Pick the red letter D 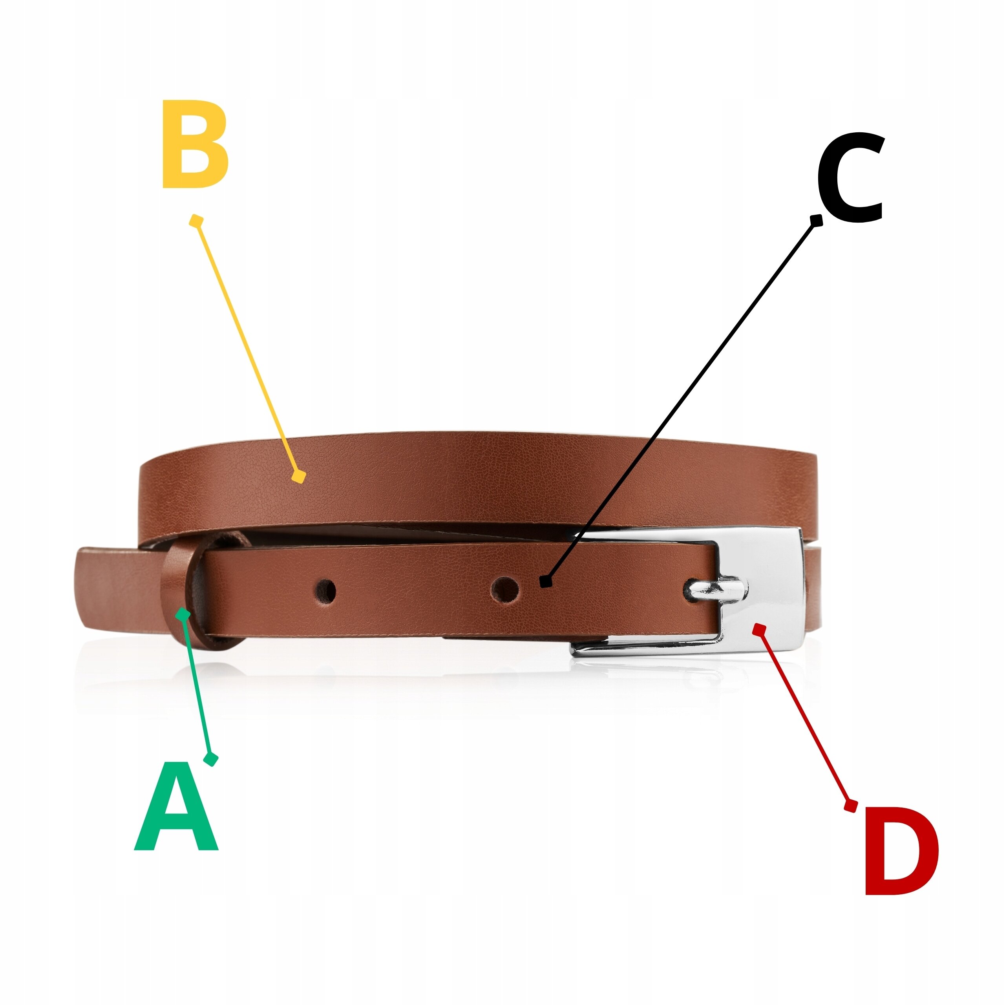coord(901,851)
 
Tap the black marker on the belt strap coord(546,581)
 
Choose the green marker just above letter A coord(211,760)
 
